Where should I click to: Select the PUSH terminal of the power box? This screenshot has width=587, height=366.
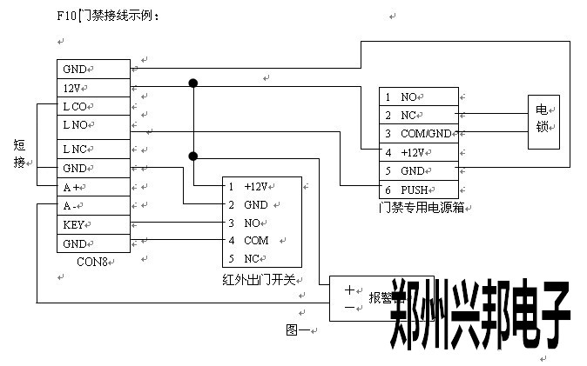click(417, 189)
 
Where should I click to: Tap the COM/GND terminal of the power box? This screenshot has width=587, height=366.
click(417, 133)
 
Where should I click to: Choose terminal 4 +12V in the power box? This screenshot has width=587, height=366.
click(417, 152)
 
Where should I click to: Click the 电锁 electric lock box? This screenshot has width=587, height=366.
click(542, 123)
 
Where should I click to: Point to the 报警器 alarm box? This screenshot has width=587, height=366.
click(366, 298)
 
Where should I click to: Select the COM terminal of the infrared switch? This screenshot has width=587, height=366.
click(261, 240)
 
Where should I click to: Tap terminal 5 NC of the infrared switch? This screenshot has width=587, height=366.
click(261, 258)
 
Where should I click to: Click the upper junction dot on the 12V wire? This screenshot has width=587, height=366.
click(192, 83)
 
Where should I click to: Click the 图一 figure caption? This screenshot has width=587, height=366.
click(299, 329)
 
